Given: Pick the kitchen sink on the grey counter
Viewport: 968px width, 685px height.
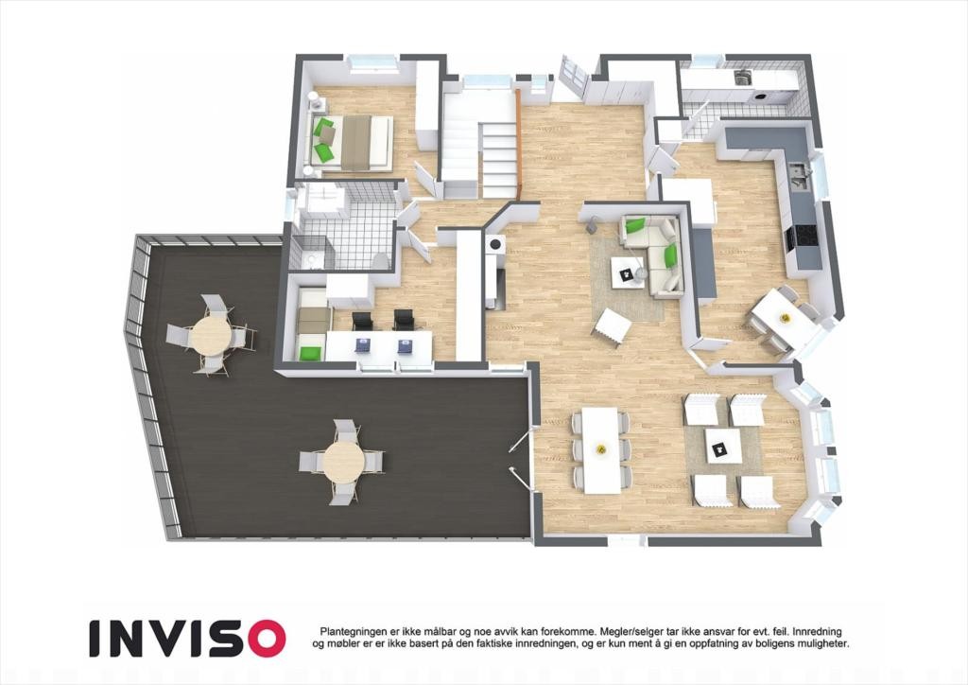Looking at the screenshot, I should pyautogui.click(x=799, y=173).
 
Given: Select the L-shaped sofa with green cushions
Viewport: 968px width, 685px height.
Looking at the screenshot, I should pyautogui.click(x=657, y=251).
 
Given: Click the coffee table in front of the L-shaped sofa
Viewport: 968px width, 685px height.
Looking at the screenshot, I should pyautogui.click(x=627, y=271).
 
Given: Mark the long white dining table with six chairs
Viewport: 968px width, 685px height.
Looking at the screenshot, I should pyautogui.click(x=601, y=448).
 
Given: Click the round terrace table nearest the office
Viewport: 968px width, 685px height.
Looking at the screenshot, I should pyautogui.click(x=210, y=333).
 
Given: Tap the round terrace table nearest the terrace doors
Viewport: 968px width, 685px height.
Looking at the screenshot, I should pyautogui.click(x=343, y=461).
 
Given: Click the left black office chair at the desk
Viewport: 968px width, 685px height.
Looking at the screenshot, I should pyautogui.click(x=363, y=321).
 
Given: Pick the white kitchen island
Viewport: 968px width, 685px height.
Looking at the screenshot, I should pyautogui.click(x=687, y=202).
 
